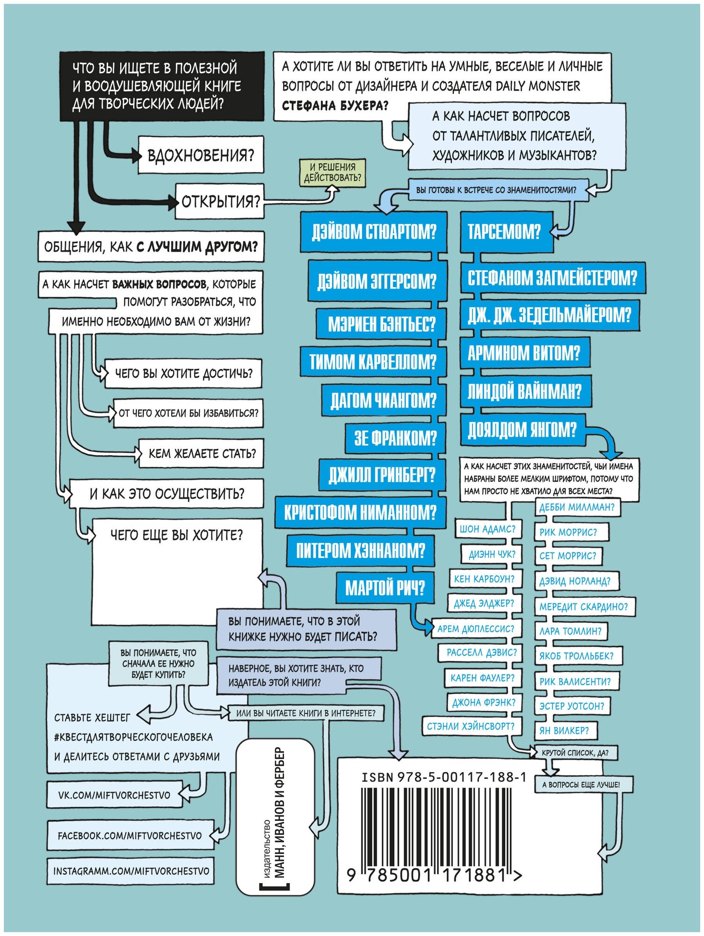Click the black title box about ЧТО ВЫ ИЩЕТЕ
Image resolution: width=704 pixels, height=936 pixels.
[x=161, y=86]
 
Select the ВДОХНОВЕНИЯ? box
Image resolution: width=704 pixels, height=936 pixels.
[x=201, y=155]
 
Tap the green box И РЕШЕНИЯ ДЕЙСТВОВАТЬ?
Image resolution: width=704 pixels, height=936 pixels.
[x=333, y=173]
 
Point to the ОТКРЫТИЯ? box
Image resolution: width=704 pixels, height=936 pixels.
[x=220, y=202]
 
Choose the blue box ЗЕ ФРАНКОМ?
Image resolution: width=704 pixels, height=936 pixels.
[x=395, y=439]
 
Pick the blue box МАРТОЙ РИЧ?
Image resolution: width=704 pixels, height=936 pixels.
[x=385, y=588]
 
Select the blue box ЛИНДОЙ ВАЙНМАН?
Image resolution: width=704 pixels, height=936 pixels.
[x=524, y=391]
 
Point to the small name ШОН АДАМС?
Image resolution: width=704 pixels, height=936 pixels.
[x=487, y=529]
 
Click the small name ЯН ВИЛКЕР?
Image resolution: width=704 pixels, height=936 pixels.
[x=564, y=731]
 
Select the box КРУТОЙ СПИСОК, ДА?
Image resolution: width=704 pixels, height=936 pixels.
[x=575, y=753]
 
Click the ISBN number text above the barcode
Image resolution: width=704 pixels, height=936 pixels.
[x=444, y=777]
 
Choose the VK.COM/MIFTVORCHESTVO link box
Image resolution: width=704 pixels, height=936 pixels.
[x=114, y=795]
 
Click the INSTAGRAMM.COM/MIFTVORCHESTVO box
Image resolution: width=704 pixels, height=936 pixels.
[x=131, y=871]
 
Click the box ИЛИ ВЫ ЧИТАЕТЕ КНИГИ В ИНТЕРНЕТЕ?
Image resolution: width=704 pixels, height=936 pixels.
[x=306, y=713]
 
